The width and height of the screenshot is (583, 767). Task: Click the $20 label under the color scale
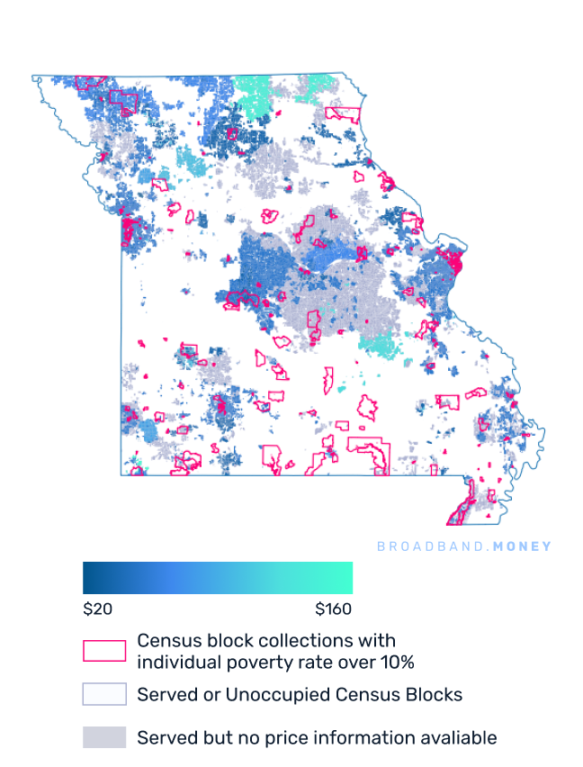(97, 609)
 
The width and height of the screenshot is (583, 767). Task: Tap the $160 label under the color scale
(334, 609)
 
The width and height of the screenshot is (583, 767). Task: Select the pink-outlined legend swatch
(104, 651)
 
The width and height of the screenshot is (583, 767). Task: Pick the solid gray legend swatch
(104, 737)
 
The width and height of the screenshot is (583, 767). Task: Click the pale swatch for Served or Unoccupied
(104, 694)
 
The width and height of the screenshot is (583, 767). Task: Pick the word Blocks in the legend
(436, 694)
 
